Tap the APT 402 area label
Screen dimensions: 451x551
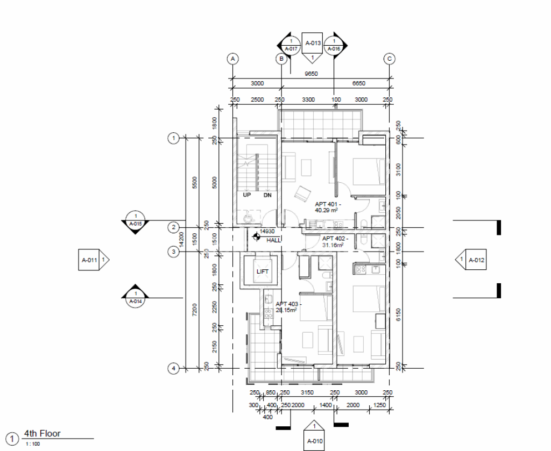pyautogui.click(x=335, y=241)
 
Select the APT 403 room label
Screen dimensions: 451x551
pyautogui.click(x=288, y=307)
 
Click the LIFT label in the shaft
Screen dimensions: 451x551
pyautogui.click(x=262, y=272)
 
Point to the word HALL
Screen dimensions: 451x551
pyautogui.click(x=273, y=240)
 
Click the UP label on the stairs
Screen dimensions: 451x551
pyautogui.click(x=247, y=196)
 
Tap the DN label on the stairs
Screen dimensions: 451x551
pyautogui.click(x=267, y=196)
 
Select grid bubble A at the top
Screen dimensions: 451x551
pyautogui.click(x=232, y=58)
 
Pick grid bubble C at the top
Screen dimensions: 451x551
pyautogui.click(x=389, y=58)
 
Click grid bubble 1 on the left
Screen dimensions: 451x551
pyautogui.click(x=173, y=138)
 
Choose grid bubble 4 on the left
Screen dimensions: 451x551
pyautogui.click(x=173, y=368)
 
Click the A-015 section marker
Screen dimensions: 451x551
pyautogui.click(x=136, y=222)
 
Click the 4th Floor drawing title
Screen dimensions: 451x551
pyautogui.click(x=43, y=434)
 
